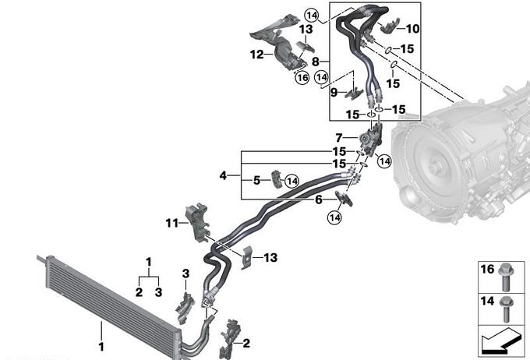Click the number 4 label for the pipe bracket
(x=223, y=175)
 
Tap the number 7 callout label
(x=339, y=138)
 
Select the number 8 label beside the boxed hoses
(x=316, y=62)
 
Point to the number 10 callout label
(x=412, y=29)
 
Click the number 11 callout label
(x=172, y=223)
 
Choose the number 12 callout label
(x=257, y=54)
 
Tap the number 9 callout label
(x=334, y=92)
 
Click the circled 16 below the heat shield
(x=302, y=78)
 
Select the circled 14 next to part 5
(x=292, y=182)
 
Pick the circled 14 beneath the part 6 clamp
(x=334, y=217)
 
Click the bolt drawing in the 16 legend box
(x=506, y=277)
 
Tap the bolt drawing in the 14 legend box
(x=506, y=309)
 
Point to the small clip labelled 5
(x=277, y=179)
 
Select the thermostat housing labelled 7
(x=371, y=139)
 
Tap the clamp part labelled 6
(x=344, y=199)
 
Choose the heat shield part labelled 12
(x=275, y=42)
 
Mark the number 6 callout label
(x=319, y=199)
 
